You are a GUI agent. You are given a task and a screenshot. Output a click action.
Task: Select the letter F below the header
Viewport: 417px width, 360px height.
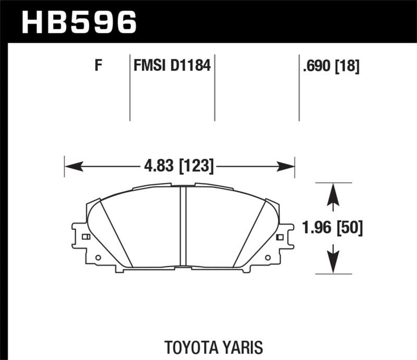point(97,66)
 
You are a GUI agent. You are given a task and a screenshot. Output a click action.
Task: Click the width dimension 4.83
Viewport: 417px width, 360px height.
point(158,166)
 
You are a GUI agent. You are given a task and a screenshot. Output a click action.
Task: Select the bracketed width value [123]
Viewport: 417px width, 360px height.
point(196,166)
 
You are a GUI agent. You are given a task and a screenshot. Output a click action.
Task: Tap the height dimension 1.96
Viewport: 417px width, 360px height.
point(317,228)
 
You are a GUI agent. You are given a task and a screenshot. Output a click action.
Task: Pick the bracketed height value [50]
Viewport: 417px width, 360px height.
point(349,228)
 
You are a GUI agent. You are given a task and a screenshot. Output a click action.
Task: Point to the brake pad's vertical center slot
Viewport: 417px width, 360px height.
point(183,227)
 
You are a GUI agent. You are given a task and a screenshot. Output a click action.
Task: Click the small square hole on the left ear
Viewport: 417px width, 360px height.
point(86,237)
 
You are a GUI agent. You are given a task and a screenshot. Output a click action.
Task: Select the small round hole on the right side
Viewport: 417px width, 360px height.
point(268,257)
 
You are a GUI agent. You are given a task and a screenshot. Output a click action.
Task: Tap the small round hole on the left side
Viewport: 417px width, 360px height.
point(97,257)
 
